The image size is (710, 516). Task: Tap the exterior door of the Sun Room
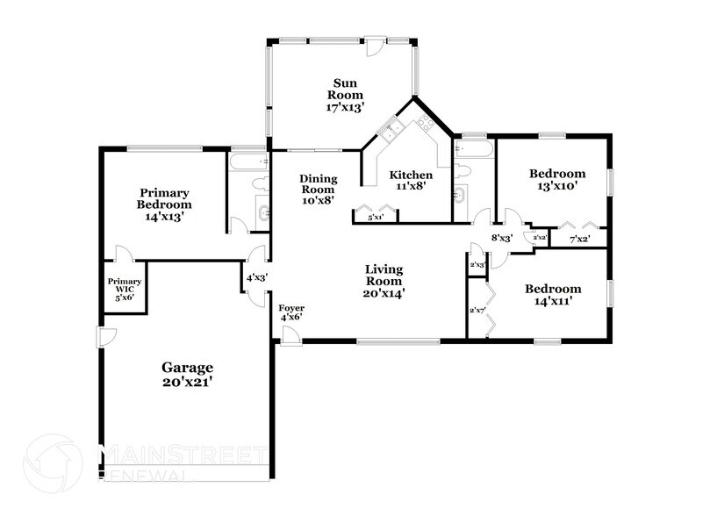[375, 47]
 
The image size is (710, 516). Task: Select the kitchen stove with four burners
[427, 122]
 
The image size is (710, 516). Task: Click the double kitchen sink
[391, 132]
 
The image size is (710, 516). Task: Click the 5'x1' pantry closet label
[376, 217]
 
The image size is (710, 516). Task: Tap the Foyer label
[290, 313]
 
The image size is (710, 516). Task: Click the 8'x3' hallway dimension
[501, 237]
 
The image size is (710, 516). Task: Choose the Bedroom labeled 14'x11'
[552, 295]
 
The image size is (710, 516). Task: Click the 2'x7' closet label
[477, 311]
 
